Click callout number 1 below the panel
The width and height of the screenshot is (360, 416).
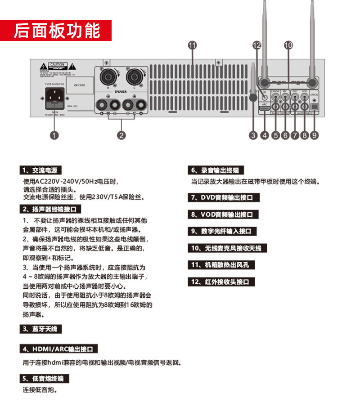pyautogui.click(x=54, y=134)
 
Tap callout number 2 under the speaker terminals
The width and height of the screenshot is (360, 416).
pyautogui.click(x=121, y=134)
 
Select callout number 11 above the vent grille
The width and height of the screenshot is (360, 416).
pyautogui.click(x=193, y=45)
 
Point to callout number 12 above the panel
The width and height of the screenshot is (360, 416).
pyautogui.click(x=256, y=45)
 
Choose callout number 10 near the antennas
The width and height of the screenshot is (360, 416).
pyautogui.click(x=288, y=45)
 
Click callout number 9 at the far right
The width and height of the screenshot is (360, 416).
pyautogui.click(x=315, y=134)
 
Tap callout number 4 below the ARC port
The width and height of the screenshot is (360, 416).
pyautogui.click(x=264, y=134)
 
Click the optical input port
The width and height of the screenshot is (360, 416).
pyautogui.click(x=315, y=106)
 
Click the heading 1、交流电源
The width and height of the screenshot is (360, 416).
pyautogui.click(x=40, y=170)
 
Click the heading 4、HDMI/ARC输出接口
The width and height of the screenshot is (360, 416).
pyautogui.click(x=58, y=349)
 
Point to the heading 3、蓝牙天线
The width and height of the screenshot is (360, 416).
pyautogui.click(x=40, y=329)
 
